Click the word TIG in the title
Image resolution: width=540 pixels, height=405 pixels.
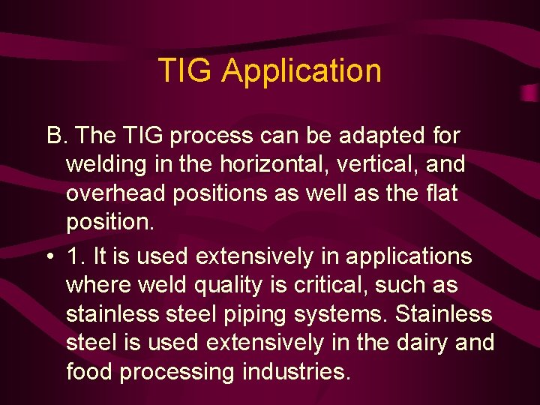pos(186,70)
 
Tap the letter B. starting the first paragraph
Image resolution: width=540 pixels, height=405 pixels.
pos(57,136)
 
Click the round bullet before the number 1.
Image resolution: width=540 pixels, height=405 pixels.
pos(49,257)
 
